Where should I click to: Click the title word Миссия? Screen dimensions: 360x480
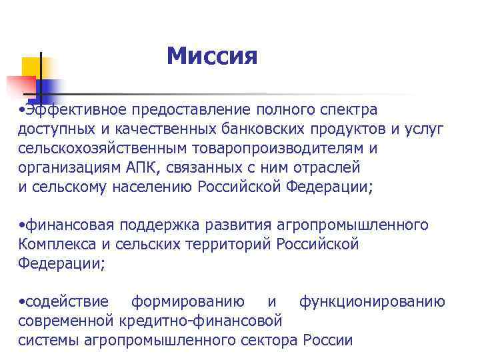coord(211,56)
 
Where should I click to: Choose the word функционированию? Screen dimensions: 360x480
coord(372,303)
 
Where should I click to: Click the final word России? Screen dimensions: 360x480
coord(327,341)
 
